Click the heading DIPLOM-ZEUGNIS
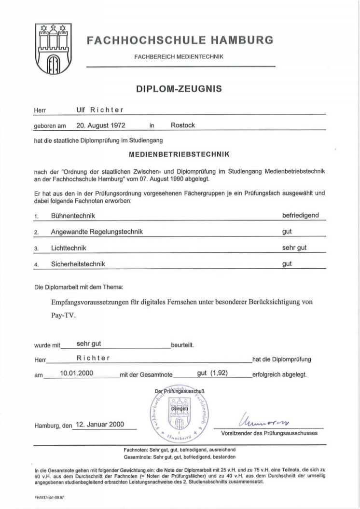point(180,89)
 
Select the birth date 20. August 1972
point(101,125)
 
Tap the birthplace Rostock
point(183,125)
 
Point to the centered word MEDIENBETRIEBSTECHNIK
point(179,155)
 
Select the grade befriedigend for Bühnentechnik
point(301,215)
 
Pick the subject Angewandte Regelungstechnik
point(97,232)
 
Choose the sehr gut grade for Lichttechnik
point(294,248)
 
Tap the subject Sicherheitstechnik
point(78,264)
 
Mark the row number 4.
point(36,264)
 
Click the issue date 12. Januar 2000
point(100,425)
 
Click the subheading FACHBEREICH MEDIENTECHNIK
point(179,56)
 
